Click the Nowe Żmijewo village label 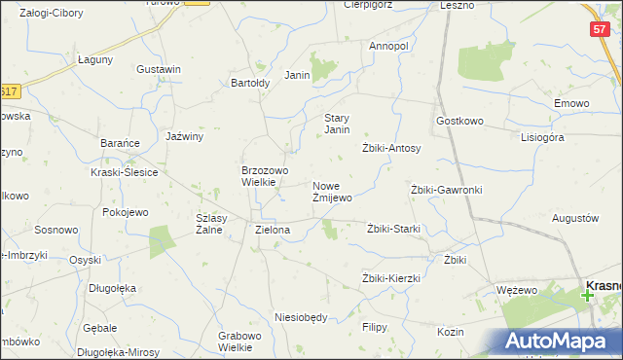332,191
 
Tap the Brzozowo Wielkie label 265,175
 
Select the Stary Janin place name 337,124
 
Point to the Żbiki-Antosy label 391,149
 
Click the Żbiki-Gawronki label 447,190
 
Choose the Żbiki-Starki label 393,230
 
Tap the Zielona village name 273,231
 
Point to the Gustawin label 160,70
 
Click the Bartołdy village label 250,83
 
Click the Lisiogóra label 542,138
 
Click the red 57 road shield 600,30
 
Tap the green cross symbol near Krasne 588,294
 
